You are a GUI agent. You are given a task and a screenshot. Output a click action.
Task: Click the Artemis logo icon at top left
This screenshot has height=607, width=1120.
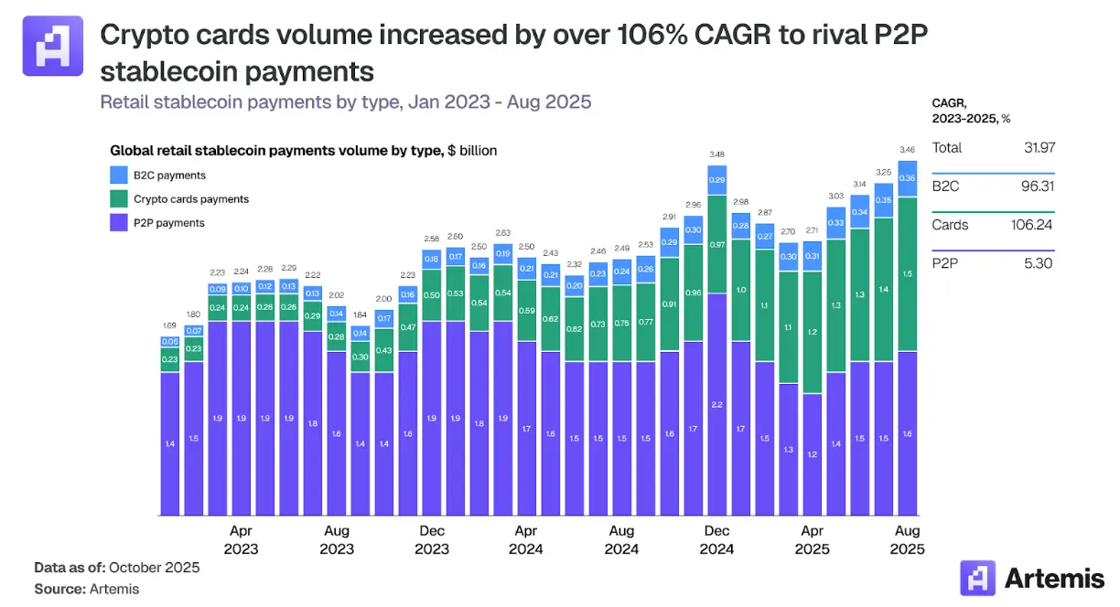click(x=52, y=45)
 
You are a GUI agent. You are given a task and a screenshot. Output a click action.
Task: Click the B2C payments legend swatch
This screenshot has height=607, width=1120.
click(x=119, y=176)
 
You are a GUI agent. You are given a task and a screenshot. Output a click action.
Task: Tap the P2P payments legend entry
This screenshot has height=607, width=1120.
click(x=168, y=223)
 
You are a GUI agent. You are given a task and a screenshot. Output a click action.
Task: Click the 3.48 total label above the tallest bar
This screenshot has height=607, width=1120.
click(x=716, y=154)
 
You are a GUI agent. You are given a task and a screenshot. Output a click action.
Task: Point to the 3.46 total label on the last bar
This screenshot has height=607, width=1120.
click(x=908, y=148)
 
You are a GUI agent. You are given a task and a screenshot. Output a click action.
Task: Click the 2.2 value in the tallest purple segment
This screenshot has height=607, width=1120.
click(x=716, y=404)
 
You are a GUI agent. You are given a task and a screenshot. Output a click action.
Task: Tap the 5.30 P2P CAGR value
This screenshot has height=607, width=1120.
click(x=1040, y=263)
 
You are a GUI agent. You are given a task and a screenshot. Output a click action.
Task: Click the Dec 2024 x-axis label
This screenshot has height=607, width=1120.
click(x=716, y=539)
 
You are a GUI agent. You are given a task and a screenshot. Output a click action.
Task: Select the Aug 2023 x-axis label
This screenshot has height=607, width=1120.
click(x=336, y=539)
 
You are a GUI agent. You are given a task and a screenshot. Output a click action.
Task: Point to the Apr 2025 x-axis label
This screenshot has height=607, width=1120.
click(x=812, y=539)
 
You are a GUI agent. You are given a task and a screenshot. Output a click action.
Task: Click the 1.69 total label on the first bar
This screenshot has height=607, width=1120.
click(x=169, y=325)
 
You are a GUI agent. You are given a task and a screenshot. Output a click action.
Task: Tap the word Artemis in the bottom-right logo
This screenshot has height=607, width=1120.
click(x=1054, y=578)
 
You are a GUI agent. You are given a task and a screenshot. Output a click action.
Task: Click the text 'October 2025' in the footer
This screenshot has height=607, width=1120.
click(x=155, y=568)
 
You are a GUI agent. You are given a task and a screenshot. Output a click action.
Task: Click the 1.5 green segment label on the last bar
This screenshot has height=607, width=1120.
click(x=908, y=273)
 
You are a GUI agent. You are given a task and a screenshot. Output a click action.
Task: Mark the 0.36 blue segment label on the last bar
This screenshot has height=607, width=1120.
click(x=908, y=179)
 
